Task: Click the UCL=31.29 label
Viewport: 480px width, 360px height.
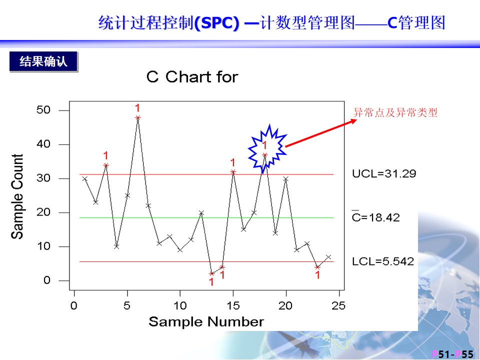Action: [x=384, y=173]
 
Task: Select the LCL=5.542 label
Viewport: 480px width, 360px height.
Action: [x=383, y=261]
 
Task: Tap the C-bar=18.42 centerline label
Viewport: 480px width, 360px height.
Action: [x=375, y=216]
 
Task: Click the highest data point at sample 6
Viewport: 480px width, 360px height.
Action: [x=138, y=117]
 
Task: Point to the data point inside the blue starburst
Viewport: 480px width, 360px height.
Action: [x=265, y=155]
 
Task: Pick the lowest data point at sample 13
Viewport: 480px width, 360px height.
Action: [x=211, y=273]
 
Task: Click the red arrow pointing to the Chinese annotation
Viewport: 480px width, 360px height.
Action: [x=321, y=133]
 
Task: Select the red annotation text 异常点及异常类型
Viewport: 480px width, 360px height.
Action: [x=395, y=112]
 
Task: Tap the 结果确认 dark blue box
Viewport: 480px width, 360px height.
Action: [x=43, y=61]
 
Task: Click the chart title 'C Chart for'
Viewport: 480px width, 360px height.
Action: [x=192, y=76]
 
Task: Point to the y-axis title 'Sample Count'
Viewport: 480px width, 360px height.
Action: [x=17, y=196]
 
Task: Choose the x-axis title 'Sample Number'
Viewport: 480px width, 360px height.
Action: [x=206, y=321]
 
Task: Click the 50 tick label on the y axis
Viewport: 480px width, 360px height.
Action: [x=43, y=110]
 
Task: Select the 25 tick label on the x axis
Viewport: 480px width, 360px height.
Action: [x=338, y=305]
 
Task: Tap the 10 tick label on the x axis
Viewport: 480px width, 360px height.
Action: [x=180, y=305]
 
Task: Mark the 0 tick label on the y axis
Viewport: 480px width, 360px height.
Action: [x=46, y=280]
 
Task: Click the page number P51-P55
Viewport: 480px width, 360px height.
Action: [x=452, y=354]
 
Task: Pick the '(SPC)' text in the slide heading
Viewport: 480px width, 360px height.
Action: [x=216, y=22]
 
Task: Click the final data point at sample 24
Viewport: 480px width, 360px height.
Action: [x=328, y=257]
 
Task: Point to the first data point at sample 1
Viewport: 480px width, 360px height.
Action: [x=85, y=178]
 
